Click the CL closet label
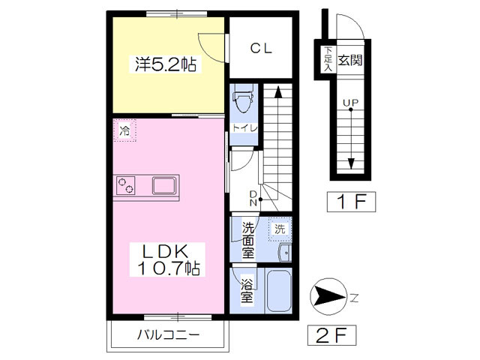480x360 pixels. tap(261, 48)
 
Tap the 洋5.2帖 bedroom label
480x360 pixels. tap(166, 64)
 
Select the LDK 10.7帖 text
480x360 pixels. tap(167, 260)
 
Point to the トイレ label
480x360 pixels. tap(244, 127)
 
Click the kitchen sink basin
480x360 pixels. tap(164, 185)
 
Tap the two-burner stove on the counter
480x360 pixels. tap(125, 185)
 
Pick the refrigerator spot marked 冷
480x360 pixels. tap(124, 130)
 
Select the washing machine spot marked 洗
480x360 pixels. tap(280, 229)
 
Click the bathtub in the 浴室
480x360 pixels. tap(278, 290)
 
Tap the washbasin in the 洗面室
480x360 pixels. tap(285, 253)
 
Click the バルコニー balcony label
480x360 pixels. tap(168, 334)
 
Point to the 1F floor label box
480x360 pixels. tap(351, 202)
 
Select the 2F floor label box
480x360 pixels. tap(331, 335)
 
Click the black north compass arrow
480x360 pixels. tap(329, 297)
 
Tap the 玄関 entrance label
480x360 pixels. tap(350, 60)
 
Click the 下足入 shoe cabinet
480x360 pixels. tap(328, 59)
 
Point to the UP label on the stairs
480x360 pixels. tap(350, 103)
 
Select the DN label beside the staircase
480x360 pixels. tap(253, 198)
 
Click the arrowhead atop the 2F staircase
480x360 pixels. tap(278, 91)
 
